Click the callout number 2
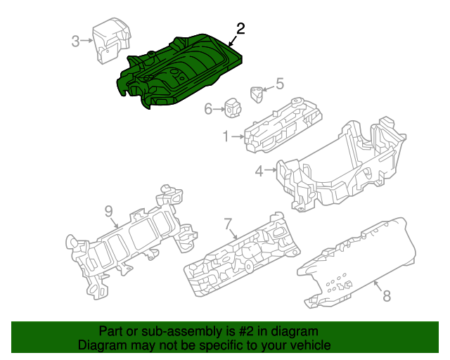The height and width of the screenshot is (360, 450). pyautogui.click(x=240, y=29)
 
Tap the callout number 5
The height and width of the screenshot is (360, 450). pyautogui.click(x=279, y=84)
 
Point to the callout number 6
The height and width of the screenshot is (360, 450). pyautogui.click(x=208, y=109)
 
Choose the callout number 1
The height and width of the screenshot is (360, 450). pyautogui.click(x=226, y=136)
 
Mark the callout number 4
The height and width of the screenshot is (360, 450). pyautogui.click(x=259, y=171)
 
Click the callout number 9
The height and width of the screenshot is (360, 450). pyautogui.click(x=108, y=210)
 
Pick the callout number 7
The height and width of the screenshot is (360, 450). pyautogui.click(x=228, y=224)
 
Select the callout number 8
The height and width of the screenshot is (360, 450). pyautogui.click(x=386, y=296)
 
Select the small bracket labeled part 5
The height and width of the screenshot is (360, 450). pyautogui.click(x=258, y=91)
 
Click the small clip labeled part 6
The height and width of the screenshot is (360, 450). pyautogui.click(x=232, y=107)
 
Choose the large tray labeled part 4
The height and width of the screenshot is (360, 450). pyautogui.click(x=337, y=169)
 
